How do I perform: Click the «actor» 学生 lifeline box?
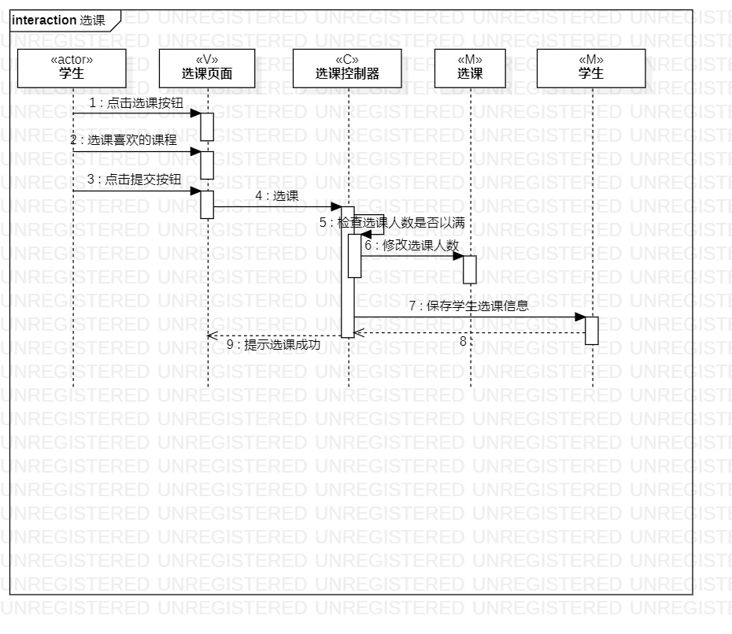pyautogui.click(x=72, y=68)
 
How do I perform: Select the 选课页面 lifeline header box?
pyautogui.click(x=207, y=68)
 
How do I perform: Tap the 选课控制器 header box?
pyautogui.click(x=347, y=68)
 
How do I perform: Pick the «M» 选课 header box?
pyautogui.click(x=470, y=68)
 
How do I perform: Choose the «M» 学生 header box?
pyautogui.click(x=590, y=68)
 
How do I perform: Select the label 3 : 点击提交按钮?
pyautogui.click(x=134, y=180)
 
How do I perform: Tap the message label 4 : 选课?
pyautogui.click(x=276, y=196)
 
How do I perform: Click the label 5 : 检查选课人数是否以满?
pyautogui.click(x=392, y=224)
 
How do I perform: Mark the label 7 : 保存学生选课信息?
pyautogui.click(x=468, y=306)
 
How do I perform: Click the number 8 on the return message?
pyautogui.click(x=464, y=341)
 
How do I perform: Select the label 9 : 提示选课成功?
pyautogui.click(x=273, y=344)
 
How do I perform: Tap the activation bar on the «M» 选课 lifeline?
pyautogui.click(x=470, y=269)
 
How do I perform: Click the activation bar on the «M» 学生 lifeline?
pyautogui.click(x=592, y=330)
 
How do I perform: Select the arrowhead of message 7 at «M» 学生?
pyautogui.click(x=580, y=317)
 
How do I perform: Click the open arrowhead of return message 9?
pyautogui.click(x=211, y=336)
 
